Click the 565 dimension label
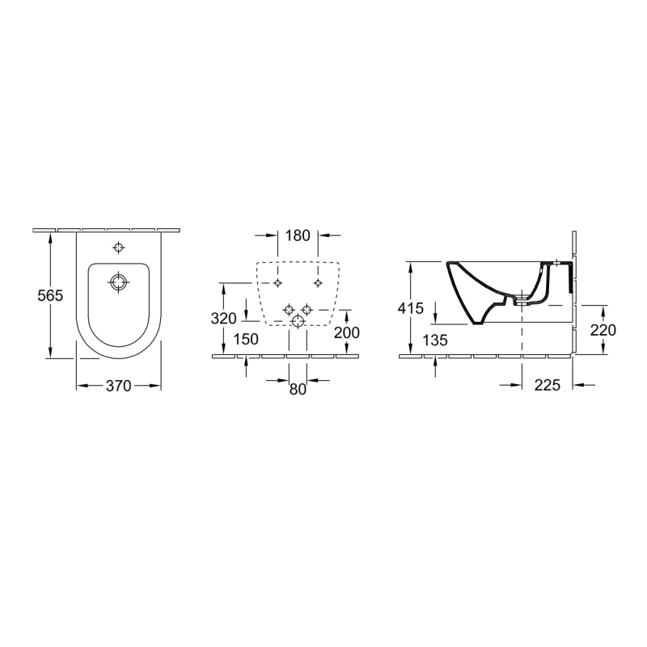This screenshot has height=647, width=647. (x=50, y=295)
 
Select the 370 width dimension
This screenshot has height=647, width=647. (x=118, y=386)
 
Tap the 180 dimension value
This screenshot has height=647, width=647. (x=298, y=235)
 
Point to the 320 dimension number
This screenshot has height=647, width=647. (x=224, y=319)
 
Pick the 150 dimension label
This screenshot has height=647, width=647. (x=246, y=339)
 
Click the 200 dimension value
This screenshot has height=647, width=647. (x=347, y=332)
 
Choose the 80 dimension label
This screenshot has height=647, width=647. (x=298, y=389)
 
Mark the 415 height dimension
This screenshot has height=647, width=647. (x=411, y=308)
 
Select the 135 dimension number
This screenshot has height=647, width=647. (x=435, y=340)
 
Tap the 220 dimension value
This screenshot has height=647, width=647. (x=603, y=330)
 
